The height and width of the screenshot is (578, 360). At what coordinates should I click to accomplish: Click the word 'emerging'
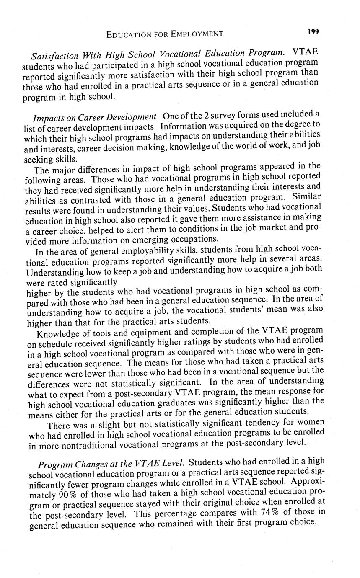(x=137, y=240)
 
